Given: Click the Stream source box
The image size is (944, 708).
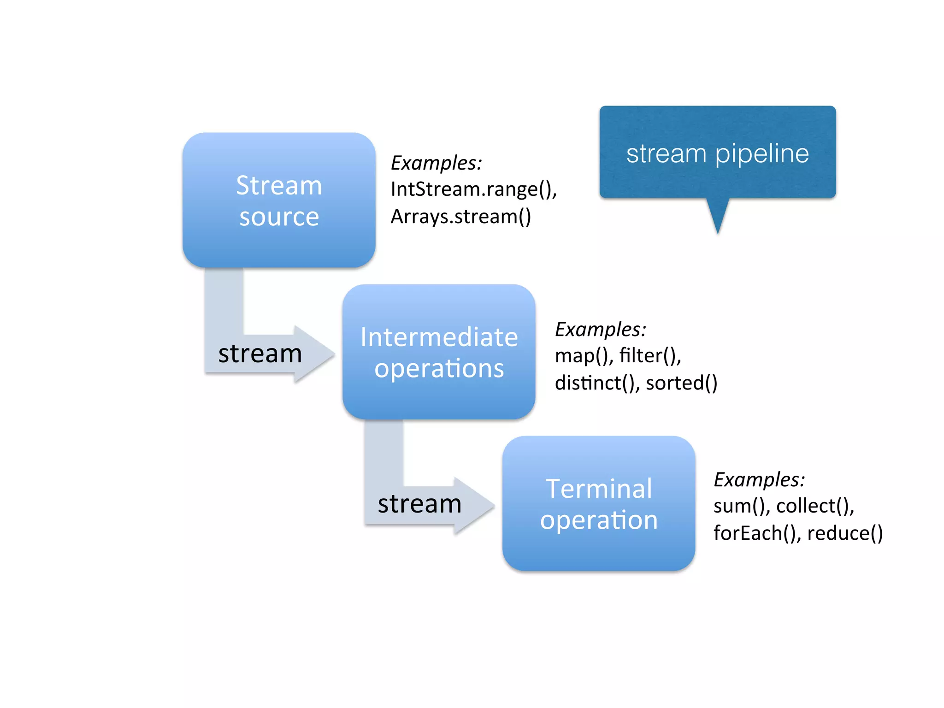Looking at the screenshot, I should pyautogui.click(x=279, y=200).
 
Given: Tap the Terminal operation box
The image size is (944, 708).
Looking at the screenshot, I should pyautogui.click(x=598, y=503).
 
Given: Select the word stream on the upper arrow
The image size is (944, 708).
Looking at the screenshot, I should pyautogui.click(x=260, y=354).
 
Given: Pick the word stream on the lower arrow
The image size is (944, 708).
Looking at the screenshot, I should pyautogui.click(x=419, y=504).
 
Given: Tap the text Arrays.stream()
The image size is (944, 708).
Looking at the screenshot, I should pyautogui.click(x=460, y=217).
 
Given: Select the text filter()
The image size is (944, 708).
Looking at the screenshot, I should pyautogui.click(x=649, y=356).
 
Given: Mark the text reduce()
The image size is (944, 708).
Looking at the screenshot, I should pyautogui.click(x=844, y=533).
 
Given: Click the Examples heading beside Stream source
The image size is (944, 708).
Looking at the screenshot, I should pyautogui.click(x=436, y=163).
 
